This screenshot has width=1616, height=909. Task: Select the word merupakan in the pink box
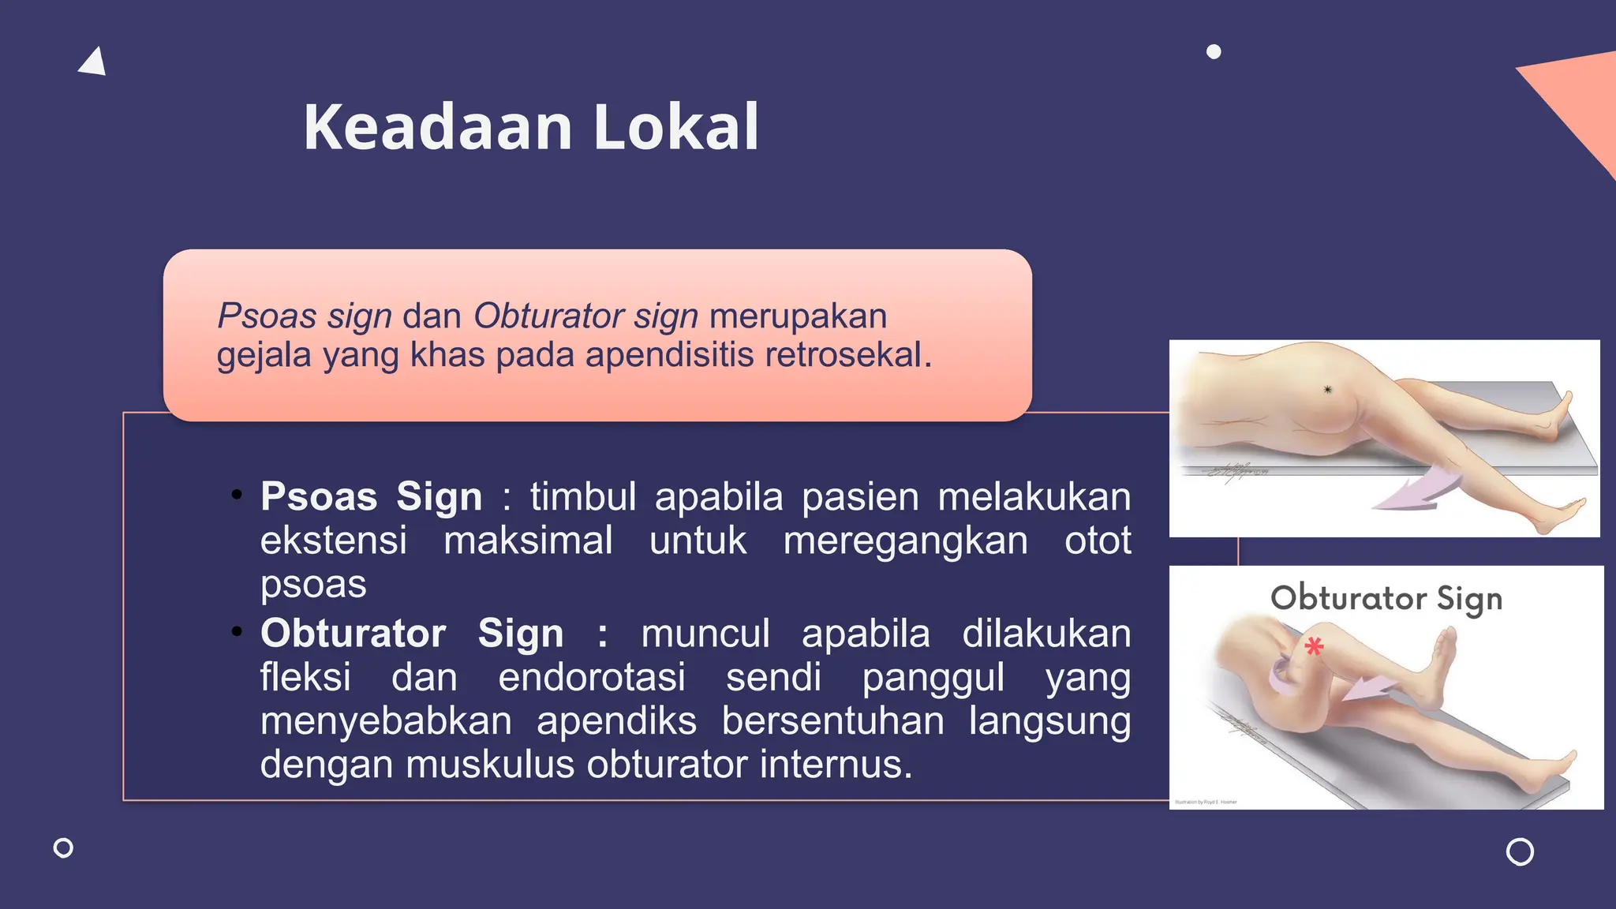(x=799, y=316)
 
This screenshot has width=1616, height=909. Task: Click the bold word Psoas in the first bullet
(x=319, y=497)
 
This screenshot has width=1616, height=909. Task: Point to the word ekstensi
(x=334, y=541)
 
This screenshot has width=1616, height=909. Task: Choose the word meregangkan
(x=906, y=541)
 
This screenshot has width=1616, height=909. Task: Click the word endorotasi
(x=592, y=678)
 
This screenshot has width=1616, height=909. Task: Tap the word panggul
(x=933, y=678)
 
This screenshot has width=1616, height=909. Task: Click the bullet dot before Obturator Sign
(x=237, y=632)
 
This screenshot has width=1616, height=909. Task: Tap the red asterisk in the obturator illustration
(x=1314, y=647)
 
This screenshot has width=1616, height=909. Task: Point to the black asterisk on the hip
(x=1327, y=390)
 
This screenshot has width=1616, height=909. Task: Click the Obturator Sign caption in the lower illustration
(x=1386, y=598)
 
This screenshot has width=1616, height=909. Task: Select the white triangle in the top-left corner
(x=93, y=63)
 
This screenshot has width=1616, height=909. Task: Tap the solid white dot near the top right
(x=1214, y=52)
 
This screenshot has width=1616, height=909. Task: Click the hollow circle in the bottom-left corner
(x=63, y=848)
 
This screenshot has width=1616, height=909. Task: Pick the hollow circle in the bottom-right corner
(x=1520, y=852)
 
